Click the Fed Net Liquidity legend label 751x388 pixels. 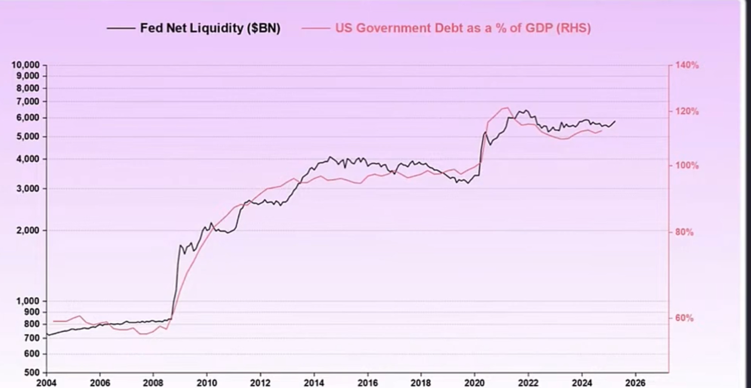[210, 28]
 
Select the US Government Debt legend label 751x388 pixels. [463, 28]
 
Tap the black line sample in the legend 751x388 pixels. [121, 28]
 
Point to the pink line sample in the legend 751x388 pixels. [316, 28]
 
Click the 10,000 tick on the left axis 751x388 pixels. [26, 65]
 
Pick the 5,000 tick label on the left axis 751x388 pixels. [29, 137]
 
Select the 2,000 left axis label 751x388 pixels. [29, 231]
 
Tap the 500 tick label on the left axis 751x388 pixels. [33, 372]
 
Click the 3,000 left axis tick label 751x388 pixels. [29, 189]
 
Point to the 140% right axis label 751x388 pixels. [687, 65]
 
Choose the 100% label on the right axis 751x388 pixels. [687, 166]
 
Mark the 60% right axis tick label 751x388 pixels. [684, 318]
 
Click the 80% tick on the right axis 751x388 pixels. [684, 232]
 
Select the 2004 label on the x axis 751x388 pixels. [46, 383]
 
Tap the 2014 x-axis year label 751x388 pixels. [314, 383]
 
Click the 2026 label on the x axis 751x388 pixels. [636, 383]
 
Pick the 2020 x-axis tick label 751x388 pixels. [475, 383]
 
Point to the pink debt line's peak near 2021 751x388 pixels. [507, 108]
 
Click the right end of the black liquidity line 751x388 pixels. [615, 121]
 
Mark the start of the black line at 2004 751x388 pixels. [47, 335]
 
